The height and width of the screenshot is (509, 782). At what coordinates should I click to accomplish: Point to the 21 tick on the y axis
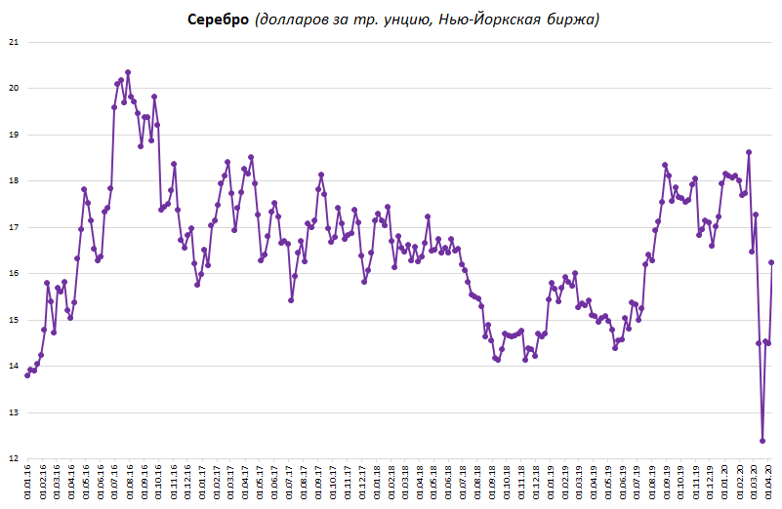13,42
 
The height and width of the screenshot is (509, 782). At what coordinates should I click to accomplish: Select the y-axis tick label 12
13,458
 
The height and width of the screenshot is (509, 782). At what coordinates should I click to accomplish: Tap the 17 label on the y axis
13,227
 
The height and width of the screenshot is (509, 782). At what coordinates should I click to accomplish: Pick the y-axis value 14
13,366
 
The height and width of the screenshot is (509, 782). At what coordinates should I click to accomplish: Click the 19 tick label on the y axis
13,135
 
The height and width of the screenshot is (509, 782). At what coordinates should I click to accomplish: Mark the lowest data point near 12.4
762,441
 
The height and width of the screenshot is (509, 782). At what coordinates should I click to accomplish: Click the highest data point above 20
128,72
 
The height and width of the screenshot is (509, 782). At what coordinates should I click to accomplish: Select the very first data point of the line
27,375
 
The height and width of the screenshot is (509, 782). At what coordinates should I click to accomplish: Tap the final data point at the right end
772,262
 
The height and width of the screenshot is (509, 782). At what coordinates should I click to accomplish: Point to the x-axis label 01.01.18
377,484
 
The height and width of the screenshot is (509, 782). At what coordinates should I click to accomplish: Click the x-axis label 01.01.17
202,484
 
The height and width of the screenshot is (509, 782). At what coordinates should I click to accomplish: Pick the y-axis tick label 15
13,320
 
